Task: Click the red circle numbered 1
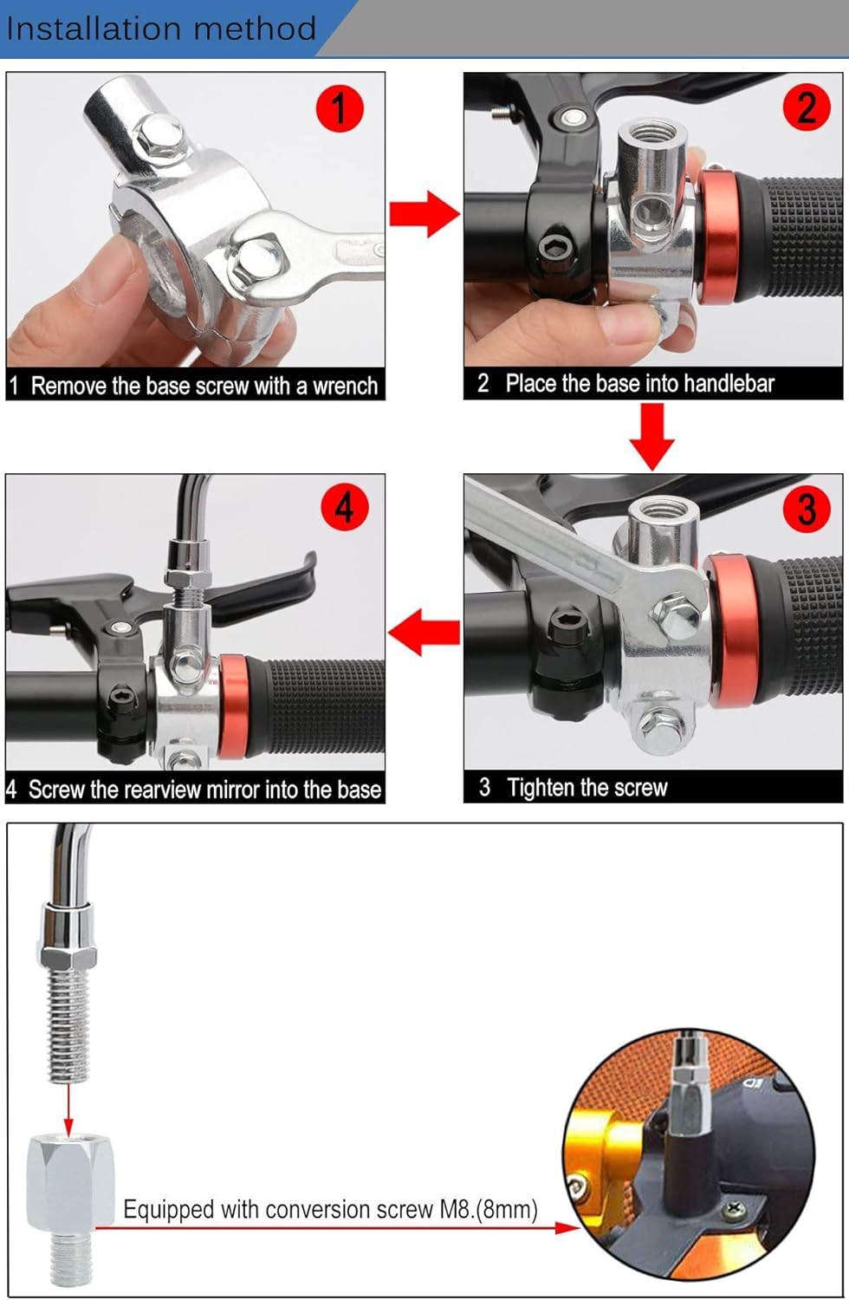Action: coord(340,108)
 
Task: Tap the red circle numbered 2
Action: coord(807,107)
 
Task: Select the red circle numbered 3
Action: coord(807,509)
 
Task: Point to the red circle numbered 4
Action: coord(345,507)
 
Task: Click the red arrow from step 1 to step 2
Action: coord(424,213)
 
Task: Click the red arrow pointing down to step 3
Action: coord(652,437)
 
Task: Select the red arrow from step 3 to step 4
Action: coord(424,632)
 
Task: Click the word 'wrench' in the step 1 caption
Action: coord(346,386)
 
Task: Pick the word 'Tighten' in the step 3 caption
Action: coord(541,788)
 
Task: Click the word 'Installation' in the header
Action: coord(94,29)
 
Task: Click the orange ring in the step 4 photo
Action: coord(233,706)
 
